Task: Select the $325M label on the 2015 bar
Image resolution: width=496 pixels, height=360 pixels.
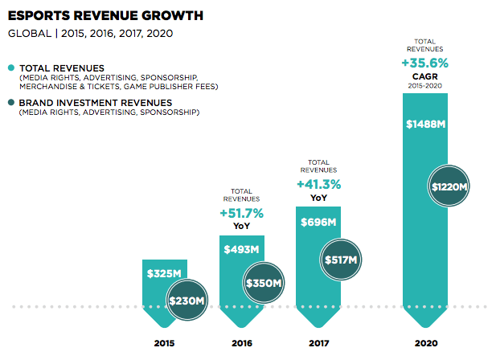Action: coord(163,274)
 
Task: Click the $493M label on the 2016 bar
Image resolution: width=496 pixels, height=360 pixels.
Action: coord(242,249)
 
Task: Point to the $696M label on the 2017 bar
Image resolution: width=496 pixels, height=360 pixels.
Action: coord(318,223)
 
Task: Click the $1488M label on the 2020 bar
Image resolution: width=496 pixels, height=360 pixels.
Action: coord(425,125)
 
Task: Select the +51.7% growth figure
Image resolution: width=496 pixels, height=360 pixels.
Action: coord(242,213)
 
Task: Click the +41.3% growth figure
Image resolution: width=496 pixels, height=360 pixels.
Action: coord(318,184)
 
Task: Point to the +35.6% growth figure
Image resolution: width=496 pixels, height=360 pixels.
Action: coord(425,62)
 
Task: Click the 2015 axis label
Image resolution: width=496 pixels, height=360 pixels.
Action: coord(164,343)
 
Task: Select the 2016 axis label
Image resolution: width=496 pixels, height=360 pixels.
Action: coord(242,343)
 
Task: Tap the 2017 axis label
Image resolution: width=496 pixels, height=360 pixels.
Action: coord(318,343)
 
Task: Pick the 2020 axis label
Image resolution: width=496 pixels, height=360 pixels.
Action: coord(425,343)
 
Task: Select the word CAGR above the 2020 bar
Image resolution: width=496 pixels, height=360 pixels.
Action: coord(425,75)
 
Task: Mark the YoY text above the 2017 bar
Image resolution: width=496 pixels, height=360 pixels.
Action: coord(318,198)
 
